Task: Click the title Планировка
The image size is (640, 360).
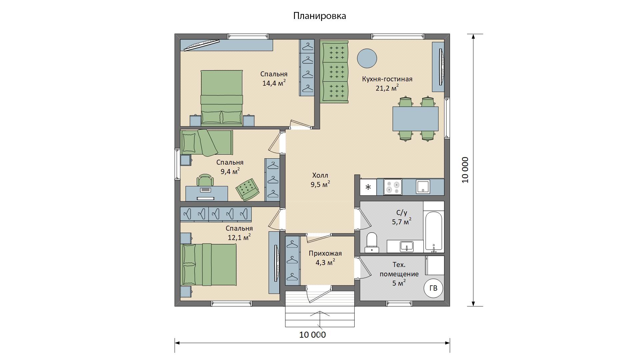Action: click(320, 16)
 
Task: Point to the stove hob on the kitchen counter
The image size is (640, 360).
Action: click(393, 187)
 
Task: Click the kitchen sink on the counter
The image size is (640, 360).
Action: click(423, 187)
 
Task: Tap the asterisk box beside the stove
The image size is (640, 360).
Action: click(368, 187)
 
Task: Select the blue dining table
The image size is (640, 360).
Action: click(415, 119)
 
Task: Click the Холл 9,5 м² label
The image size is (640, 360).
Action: click(321, 180)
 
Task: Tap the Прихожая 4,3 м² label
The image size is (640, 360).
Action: click(325, 258)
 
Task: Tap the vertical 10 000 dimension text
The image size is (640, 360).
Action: click(465, 170)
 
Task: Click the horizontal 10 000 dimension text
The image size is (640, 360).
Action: click(312, 335)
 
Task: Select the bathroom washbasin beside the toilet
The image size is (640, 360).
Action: click(406, 246)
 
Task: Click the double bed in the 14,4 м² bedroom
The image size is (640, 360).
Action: click(221, 98)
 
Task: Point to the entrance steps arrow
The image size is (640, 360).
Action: click(320, 322)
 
